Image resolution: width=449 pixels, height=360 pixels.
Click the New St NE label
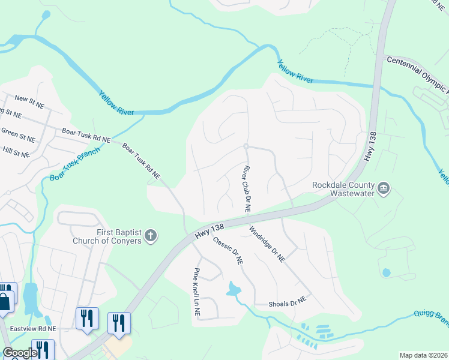point(29,101)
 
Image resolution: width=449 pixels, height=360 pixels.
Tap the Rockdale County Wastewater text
point(343,190)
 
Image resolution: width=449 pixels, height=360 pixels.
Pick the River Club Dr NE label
point(247,188)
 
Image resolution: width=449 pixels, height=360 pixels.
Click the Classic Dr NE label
point(228,251)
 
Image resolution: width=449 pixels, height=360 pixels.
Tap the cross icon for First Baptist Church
point(151,236)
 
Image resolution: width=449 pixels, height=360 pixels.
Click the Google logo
point(19,352)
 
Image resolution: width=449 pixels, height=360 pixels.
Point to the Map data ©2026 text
point(423,355)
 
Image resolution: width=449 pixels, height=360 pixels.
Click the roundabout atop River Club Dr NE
point(246,146)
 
